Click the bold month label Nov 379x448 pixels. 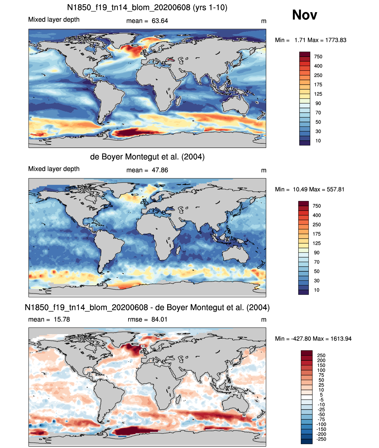click(x=304, y=15)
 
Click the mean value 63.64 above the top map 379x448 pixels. click(x=160, y=21)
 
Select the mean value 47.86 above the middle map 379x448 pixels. click(x=160, y=170)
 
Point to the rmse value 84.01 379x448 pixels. click(x=159, y=319)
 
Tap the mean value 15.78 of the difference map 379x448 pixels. click(x=62, y=319)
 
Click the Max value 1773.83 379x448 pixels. click(x=335, y=40)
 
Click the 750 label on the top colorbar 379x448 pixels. click(x=318, y=57)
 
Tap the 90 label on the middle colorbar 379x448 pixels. click(x=316, y=252)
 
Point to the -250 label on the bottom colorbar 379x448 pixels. click(x=321, y=439)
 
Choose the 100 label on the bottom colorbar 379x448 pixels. click(x=321, y=370)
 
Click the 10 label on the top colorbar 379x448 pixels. click(x=318, y=141)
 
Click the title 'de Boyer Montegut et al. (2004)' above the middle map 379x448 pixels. click(x=147, y=157)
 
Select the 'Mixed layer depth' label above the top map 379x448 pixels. click(x=54, y=19)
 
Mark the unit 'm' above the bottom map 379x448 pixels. click(x=263, y=320)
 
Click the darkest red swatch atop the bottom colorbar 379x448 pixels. click(x=306, y=353)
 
